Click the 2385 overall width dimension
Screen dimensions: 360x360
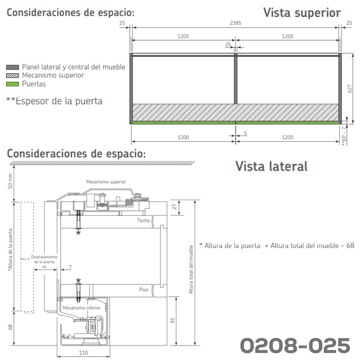236,23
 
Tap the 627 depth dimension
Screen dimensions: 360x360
350,89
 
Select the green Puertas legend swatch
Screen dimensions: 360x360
12,84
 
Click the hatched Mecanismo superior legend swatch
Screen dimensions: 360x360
12,76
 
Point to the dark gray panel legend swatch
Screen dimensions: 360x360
12,67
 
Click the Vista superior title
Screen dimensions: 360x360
302,13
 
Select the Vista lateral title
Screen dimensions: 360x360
271,166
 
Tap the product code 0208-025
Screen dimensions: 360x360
295,345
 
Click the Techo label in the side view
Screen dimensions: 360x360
143,220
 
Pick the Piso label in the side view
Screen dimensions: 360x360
143,290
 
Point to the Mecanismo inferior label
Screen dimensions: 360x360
82,308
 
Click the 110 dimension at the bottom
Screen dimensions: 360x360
83,353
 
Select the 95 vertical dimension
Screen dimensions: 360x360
173,320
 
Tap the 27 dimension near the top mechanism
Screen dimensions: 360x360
174,207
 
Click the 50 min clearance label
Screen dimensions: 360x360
10,181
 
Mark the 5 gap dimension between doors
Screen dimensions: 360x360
245,133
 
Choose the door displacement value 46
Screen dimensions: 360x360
44,266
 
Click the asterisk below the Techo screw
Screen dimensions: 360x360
78,233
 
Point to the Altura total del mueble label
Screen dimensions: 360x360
191,270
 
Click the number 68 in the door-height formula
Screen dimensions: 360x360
350,245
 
